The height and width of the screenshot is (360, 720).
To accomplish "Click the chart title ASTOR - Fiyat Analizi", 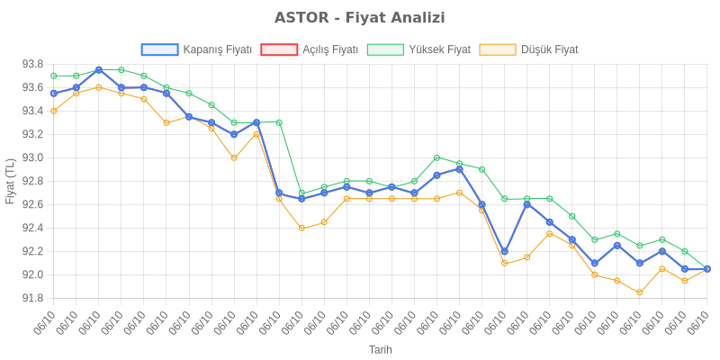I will [360, 18].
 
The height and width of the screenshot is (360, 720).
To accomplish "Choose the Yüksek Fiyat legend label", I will [439, 49].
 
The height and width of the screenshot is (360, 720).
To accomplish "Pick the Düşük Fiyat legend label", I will [550, 49].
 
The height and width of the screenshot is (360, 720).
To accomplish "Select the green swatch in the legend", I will [385, 49].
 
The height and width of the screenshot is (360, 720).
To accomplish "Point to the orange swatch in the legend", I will [498, 49].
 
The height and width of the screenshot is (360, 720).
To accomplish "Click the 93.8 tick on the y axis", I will [33, 64].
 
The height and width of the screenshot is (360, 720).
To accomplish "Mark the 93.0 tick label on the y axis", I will [33, 157].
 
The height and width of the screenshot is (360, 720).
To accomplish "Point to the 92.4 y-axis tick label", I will [33, 228].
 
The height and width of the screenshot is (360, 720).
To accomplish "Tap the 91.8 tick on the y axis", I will [33, 298].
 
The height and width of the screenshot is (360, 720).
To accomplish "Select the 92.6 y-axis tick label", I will [33, 204].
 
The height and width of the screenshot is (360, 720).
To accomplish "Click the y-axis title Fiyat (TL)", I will [10, 181].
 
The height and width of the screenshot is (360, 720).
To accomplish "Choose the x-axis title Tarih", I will [380, 349].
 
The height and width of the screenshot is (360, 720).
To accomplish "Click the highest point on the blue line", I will [98, 69].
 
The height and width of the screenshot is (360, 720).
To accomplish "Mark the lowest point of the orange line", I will [639, 292].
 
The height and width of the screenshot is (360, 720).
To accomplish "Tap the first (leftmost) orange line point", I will [54, 111].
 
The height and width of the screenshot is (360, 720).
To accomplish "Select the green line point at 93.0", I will [436, 157].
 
